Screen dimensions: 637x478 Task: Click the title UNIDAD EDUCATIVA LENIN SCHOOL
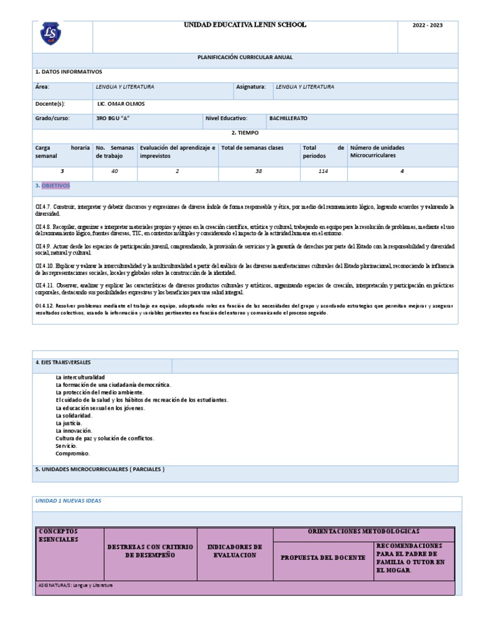click(x=244, y=25)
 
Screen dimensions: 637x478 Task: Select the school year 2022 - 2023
click(x=428, y=26)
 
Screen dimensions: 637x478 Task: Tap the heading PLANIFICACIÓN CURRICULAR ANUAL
click(x=245, y=57)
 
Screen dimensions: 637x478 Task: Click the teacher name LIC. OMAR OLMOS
click(x=121, y=104)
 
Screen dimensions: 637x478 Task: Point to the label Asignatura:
click(x=251, y=87)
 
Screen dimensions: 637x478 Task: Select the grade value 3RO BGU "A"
click(x=113, y=118)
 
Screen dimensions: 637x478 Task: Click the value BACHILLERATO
click(x=288, y=118)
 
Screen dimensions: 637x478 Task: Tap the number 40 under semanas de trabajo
click(x=115, y=170)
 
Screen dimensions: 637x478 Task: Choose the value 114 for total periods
click(x=323, y=170)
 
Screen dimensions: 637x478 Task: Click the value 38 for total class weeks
click(x=259, y=170)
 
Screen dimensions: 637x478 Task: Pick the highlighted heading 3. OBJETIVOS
click(x=53, y=186)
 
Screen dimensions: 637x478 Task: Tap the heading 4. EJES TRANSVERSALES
click(x=63, y=362)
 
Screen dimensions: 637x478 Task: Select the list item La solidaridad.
click(x=73, y=416)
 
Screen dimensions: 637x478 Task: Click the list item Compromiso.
click(x=73, y=453)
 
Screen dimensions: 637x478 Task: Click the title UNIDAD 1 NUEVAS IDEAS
click(x=69, y=501)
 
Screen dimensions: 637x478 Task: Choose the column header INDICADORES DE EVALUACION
click(x=235, y=551)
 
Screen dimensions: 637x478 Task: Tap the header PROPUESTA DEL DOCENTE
click(x=323, y=558)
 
